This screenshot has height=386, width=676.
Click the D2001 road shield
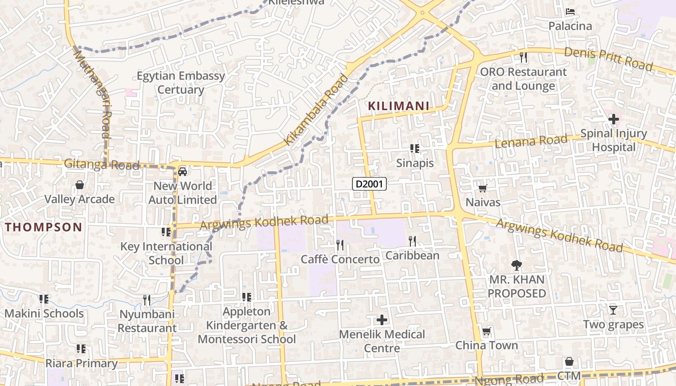tap(370, 184)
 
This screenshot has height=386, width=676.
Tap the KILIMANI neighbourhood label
tap(399, 106)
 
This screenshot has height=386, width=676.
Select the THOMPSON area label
tap(44, 227)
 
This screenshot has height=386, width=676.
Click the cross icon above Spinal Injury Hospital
tap(613, 119)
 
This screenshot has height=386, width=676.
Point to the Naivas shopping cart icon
tap(482, 188)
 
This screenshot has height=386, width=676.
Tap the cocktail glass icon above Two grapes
tap(613, 310)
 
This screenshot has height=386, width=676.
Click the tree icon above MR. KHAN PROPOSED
tap(516, 265)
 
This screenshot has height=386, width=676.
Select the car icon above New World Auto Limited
tap(183, 171)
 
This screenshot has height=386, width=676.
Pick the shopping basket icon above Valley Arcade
tap(80, 185)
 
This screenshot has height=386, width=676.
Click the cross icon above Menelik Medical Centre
tap(382, 320)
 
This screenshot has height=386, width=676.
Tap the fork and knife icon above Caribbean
tap(412, 241)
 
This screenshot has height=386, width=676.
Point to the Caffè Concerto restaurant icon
tap(340, 245)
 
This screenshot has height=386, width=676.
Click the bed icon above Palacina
tap(570, 12)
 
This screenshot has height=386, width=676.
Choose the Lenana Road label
tap(531, 141)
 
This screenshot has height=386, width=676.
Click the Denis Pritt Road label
tap(608, 58)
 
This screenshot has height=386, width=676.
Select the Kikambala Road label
tap(316, 110)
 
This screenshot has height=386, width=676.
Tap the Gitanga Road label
tap(101, 165)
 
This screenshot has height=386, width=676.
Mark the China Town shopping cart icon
tap(486, 331)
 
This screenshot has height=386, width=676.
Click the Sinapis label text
tap(415, 163)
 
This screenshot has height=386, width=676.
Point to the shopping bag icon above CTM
tap(569, 361)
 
